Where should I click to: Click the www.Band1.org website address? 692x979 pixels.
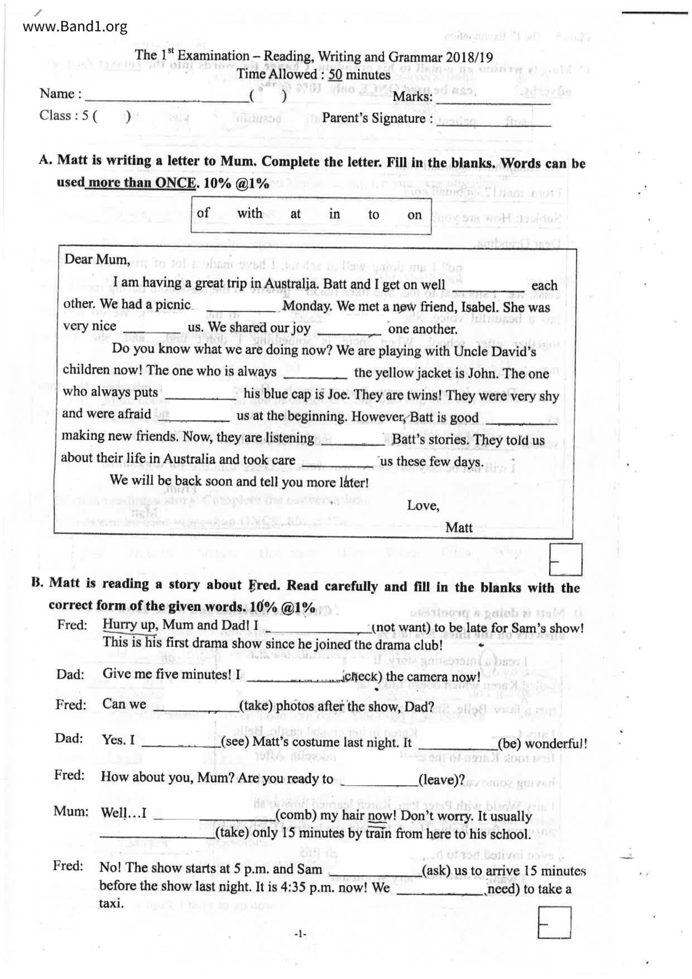coord(75,26)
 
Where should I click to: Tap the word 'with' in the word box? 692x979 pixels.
coord(249,213)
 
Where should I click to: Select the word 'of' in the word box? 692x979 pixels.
coord(203,213)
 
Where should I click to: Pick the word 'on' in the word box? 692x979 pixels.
coord(414,215)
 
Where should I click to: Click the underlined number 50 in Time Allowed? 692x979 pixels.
coord(335,75)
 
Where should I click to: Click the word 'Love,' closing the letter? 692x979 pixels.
coord(423,506)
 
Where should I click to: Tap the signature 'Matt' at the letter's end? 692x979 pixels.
coord(459,527)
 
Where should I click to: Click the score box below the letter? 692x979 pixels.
coord(565,559)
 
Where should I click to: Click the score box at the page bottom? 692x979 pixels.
coord(554,923)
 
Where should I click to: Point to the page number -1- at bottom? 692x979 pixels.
coord(301,933)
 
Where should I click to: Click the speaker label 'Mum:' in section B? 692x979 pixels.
coord(71,812)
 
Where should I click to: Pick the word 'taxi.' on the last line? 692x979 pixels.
coord(112,904)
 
